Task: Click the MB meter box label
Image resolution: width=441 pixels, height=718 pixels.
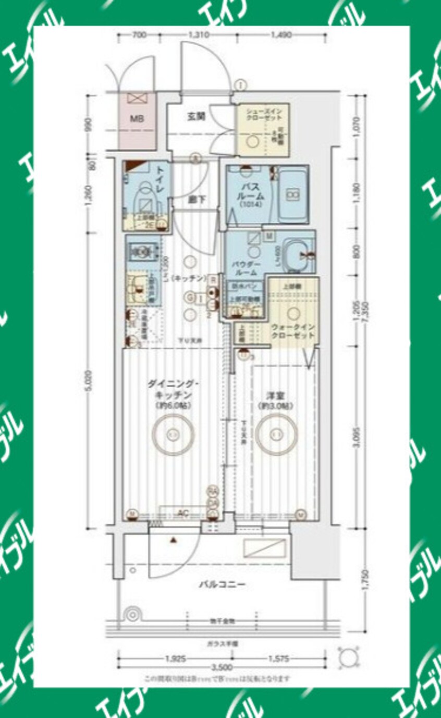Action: click(136, 118)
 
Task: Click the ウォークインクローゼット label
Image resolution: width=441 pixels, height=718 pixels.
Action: click(292, 331)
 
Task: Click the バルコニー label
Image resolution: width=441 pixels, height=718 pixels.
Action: click(222, 584)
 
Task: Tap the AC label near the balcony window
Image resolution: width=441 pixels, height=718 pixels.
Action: click(182, 514)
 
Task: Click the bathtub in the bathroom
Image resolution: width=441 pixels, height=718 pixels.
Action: click(292, 195)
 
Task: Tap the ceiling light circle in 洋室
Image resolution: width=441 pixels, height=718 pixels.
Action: click(276, 433)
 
